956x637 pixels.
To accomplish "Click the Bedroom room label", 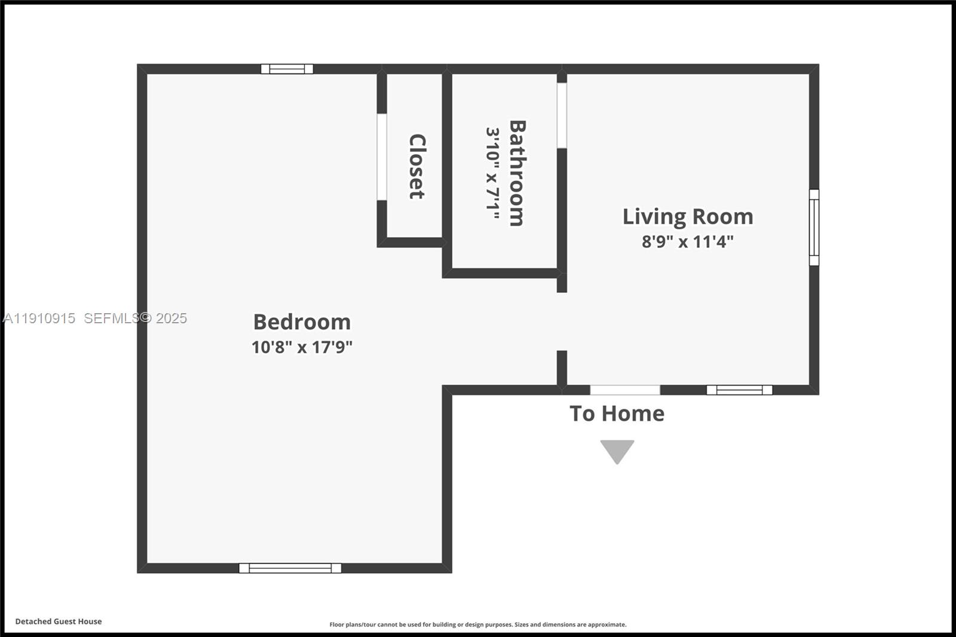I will click(x=302, y=322).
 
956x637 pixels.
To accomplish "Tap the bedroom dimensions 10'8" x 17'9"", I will click(x=302, y=347).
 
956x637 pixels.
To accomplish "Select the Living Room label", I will click(x=688, y=216).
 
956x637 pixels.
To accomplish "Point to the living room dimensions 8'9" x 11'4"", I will click(x=688, y=241).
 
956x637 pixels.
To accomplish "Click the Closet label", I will click(x=416, y=166).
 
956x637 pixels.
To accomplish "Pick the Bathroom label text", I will click(x=517, y=173).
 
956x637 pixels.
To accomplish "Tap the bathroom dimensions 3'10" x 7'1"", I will click(x=492, y=173).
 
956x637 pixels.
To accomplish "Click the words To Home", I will click(x=617, y=414).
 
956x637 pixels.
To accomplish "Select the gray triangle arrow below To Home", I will click(x=617, y=451).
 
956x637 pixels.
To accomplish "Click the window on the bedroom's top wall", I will click(x=287, y=69).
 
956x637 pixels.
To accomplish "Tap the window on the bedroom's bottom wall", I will click(x=290, y=568).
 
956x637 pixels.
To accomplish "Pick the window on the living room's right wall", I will click(x=814, y=227).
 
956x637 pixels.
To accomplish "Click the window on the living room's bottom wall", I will click(x=739, y=390).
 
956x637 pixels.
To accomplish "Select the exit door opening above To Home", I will click(x=625, y=390).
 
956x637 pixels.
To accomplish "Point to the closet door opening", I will click(x=381, y=157).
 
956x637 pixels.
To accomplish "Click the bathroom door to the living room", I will click(x=562, y=115).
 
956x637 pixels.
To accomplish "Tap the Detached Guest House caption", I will click(x=59, y=621).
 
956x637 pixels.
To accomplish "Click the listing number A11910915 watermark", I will click(x=39, y=318).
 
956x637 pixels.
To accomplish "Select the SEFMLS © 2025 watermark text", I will click(x=135, y=318).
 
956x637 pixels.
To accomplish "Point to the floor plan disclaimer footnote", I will click(x=478, y=624).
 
